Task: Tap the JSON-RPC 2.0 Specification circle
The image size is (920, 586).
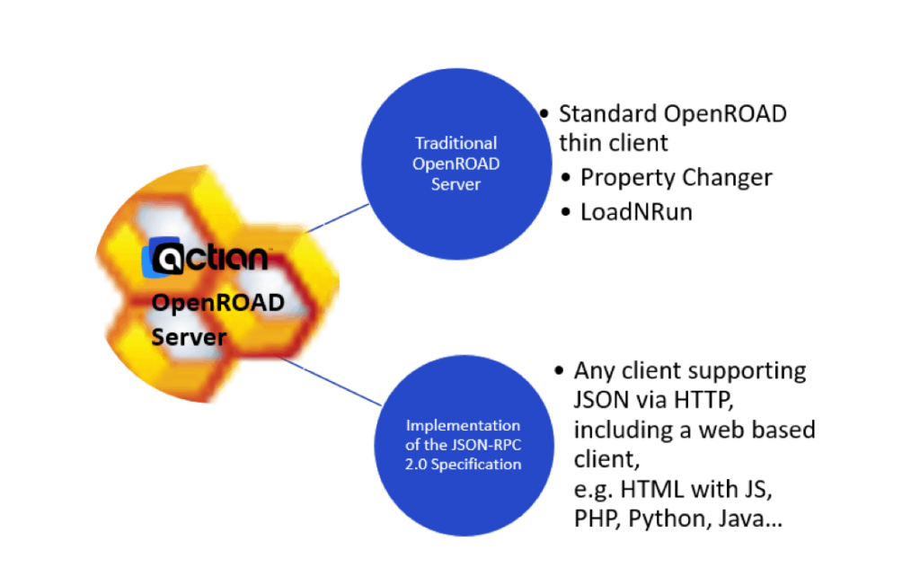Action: pos(463,444)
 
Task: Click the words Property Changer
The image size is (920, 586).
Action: pos(676,177)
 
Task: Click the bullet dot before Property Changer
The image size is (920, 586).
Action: pos(565,178)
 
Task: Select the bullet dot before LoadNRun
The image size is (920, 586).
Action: pos(565,213)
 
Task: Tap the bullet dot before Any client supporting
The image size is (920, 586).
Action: pos(559,371)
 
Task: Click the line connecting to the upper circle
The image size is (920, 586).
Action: pos(338,218)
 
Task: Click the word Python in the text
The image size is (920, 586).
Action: pos(666,519)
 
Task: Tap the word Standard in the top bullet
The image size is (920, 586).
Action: pos(607,114)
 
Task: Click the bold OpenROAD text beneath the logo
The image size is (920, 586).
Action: pos(217,302)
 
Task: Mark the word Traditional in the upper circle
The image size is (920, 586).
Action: pos(456,143)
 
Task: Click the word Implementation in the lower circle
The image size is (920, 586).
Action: pos(463,425)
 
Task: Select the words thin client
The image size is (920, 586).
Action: pos(613,143)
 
